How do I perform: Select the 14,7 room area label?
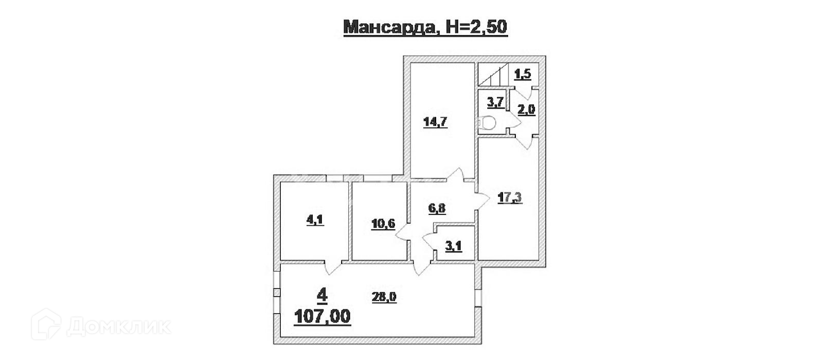[x=435, y=122]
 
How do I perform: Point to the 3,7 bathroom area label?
[x=495, y=101]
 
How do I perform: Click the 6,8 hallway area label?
[x=437, y=208]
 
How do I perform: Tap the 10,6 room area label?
[x=383, y=223]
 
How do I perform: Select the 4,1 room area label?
[x=315, y=220]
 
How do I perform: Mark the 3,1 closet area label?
[x=453, y=246]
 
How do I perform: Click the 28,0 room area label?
[x=383, y=296]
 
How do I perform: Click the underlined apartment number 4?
[x=323, y=295]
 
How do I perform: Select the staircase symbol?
[x=493, y=75]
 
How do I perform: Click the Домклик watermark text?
[x=119, y=326]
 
